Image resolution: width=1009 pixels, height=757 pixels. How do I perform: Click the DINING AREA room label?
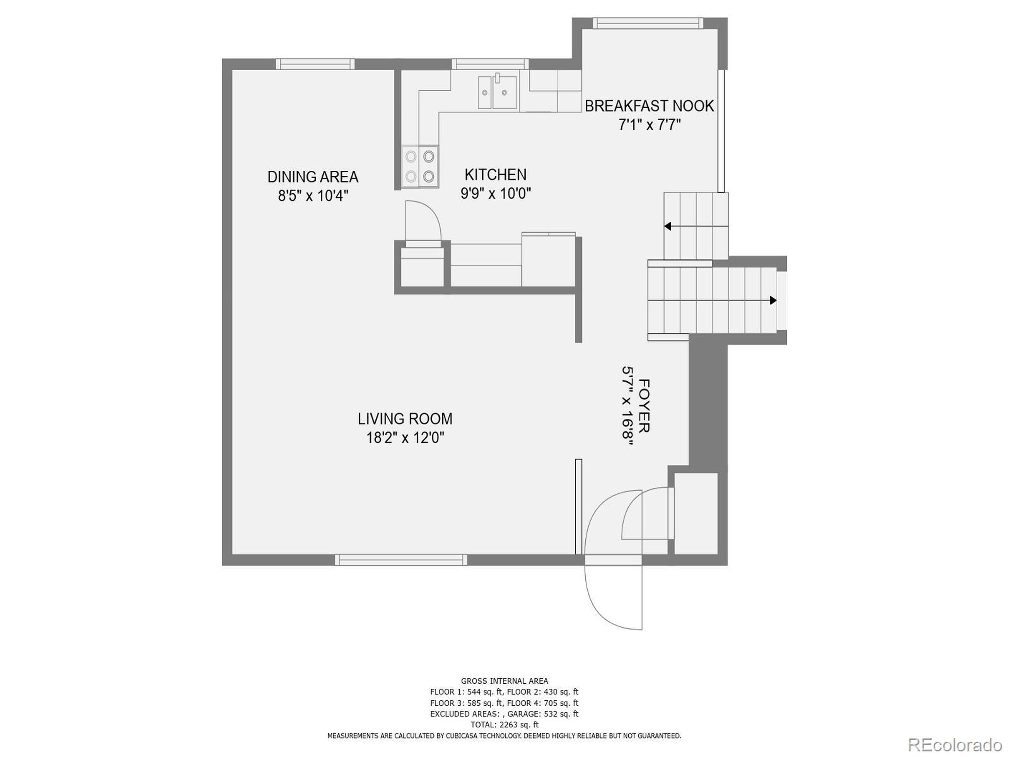click(x=313, y=177)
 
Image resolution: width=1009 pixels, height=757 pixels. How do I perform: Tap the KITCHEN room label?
click(x=495, y=174)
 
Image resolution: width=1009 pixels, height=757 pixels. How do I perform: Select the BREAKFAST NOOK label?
click(x=649, y=106)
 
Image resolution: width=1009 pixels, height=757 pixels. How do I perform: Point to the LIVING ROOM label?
click(x=405, y=418)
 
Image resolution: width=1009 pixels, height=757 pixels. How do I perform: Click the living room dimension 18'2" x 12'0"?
click(x=405, y=438)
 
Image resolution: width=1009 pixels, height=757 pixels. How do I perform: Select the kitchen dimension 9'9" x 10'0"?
click(x=495, y=194)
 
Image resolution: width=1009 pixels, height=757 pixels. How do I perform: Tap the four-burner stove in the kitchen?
click(x=420, y=166)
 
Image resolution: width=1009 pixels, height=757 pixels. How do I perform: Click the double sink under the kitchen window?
click(x=497, y=93)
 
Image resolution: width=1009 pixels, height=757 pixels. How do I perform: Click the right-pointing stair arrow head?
click(x=773, y=300)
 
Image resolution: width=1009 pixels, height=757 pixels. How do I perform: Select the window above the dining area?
click(x=315, y=64)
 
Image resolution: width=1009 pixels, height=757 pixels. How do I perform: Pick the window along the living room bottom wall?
click(x=400, y=560)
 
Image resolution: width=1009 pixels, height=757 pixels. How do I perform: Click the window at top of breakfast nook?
click(x=647, y=23)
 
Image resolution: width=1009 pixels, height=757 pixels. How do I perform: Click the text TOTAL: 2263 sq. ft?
click(x=504, y=725)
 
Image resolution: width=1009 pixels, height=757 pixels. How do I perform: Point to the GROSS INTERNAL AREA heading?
click(x=504, y=681)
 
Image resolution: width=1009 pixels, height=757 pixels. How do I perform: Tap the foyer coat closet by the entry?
click(x=695, y=514)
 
